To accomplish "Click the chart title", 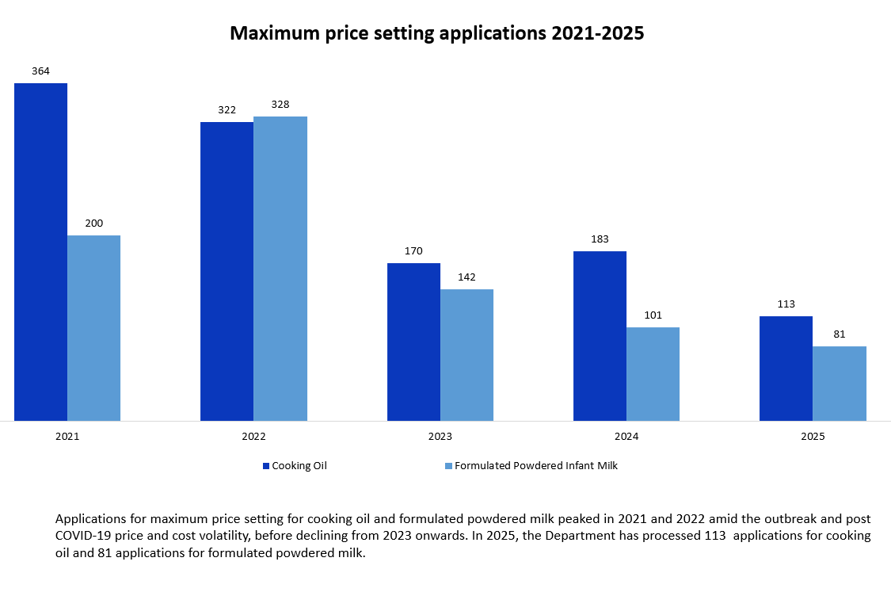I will click(x=436, y=33).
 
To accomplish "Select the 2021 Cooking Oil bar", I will click(x=40, y=252).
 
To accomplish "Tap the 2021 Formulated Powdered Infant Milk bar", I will click(x=93, y=328).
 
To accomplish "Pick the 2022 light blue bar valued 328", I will click(x=280, y=269).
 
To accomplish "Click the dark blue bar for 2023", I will click(x=413, y=342).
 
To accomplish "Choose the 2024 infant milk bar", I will click(x=653, y=374).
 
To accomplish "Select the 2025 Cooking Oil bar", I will click(x=786, y=369).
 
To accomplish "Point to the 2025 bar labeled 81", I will click(x=840, y=384).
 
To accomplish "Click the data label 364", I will click(x=40, y=71).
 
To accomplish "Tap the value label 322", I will click(x=227, y=110).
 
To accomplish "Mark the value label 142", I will click(x=466, y=277).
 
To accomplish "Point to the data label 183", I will click(x=600, y=239).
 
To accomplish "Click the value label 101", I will click(x=653, y=315).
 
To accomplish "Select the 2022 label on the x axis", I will click(x=253, y=437).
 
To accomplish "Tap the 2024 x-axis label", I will click(x=626, y=437).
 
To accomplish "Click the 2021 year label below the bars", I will click(x=67, y=437).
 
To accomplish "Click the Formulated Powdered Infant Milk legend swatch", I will click(x=448, y=466).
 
